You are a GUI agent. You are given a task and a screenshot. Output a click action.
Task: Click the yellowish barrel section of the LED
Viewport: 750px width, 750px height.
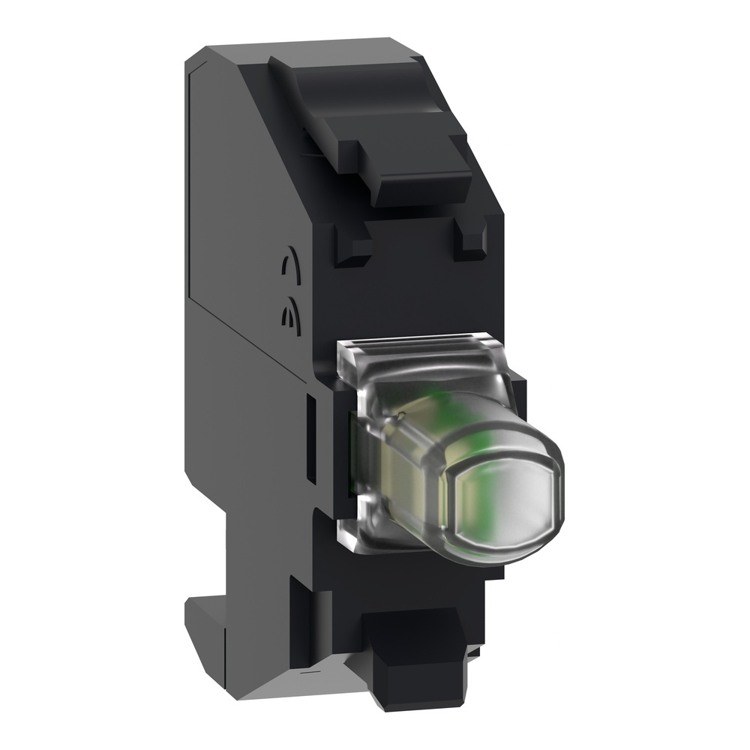click(390, 457)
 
